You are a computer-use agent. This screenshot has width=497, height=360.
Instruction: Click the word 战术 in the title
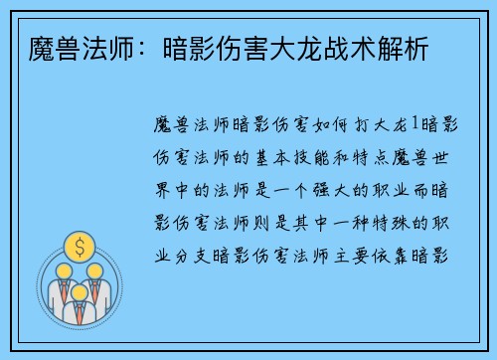tap(324, 46)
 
